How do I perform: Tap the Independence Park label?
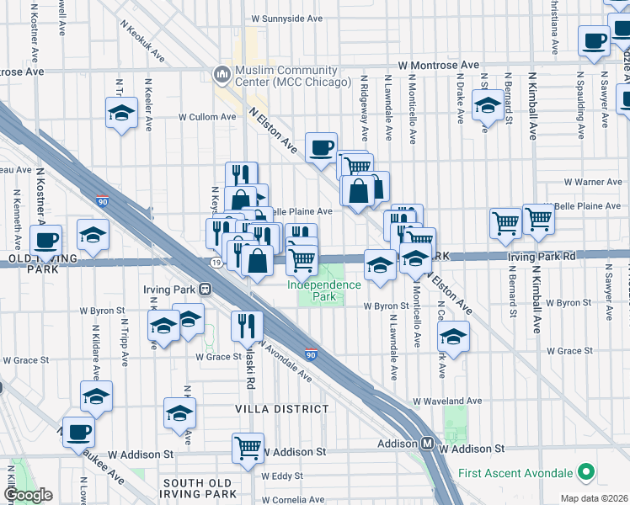pyautogui.click(x=324, y=290)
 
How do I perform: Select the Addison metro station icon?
pyautogui.click(x=427, y=444)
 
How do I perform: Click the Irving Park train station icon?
pyautogui.click(x=205, y=289)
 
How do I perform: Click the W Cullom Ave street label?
pyautogui.click(x=206, y=117)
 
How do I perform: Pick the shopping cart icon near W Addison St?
pyautogui.click(x=248, y=449)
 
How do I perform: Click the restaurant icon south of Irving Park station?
pyautogui.click(x=246, y=326)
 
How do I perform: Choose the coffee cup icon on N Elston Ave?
pyautogui.click(x=321, y=149)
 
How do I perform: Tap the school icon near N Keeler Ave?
pyautogui.click(x=121, y=113)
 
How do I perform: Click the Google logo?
pyautogui.click(x=28, y=494)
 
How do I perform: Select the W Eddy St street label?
pyautogui.click(x=282, y=476)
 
